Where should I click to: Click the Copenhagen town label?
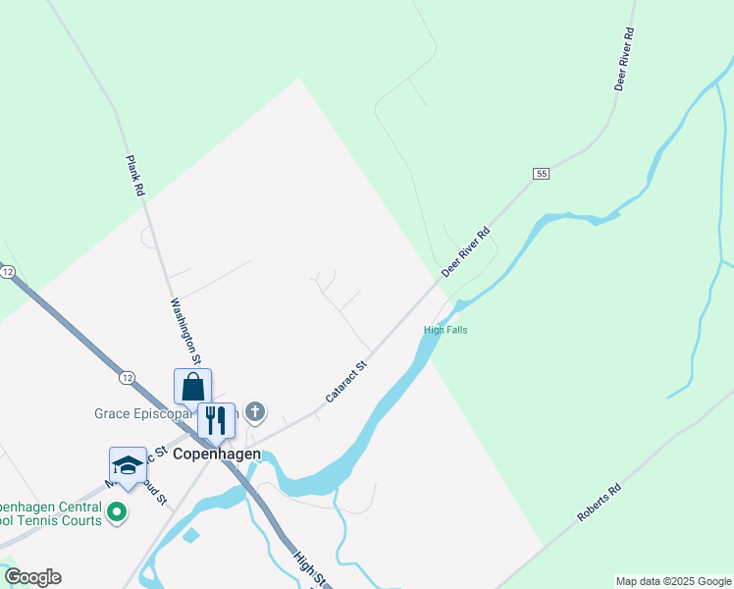click(217, 455)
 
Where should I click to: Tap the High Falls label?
click(446, 330)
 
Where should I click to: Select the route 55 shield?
click(541, 174)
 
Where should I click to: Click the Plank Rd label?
click(134, 177)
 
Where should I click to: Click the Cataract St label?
click(345, 382)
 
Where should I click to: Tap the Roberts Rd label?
click(599, 502)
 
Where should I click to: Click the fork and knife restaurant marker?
click(216, 419)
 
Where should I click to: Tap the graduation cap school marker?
click(128, 465)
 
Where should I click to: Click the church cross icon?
click(255, 411)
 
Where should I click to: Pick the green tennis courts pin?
click(117, 511)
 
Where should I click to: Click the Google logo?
click(32, 577)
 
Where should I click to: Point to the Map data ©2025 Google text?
click(673, 581)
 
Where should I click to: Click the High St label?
click(307, 568)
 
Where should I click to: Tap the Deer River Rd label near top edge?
click(625, 60)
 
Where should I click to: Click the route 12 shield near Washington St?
click(128, 377)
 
